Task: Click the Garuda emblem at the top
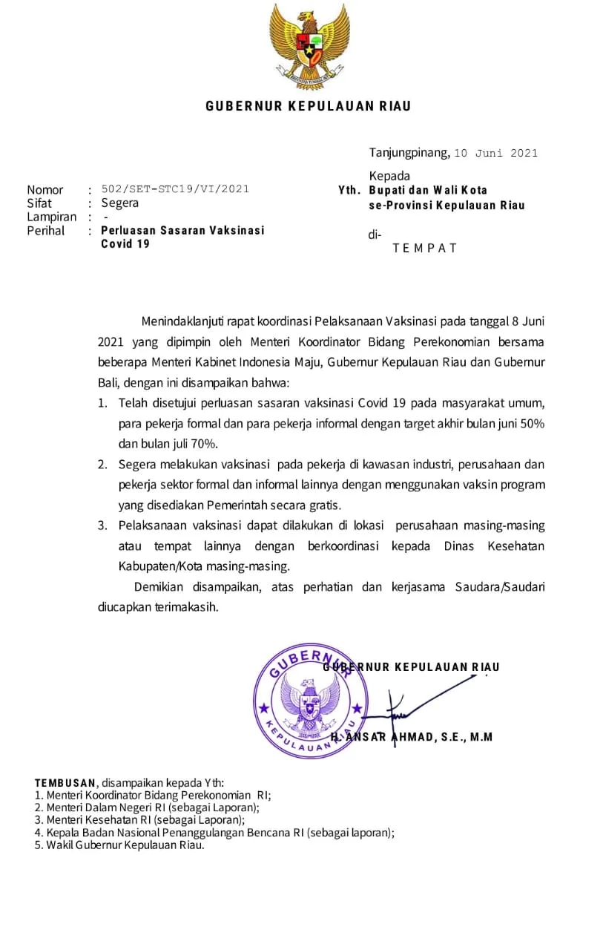309,45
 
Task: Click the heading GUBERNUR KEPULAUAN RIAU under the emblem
309,106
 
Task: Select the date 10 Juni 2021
495,154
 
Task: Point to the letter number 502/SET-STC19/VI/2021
175,189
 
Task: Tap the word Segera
119,203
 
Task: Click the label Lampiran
51,217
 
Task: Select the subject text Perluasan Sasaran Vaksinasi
182,231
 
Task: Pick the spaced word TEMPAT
425,248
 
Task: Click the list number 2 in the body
102,465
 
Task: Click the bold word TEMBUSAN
65,782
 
